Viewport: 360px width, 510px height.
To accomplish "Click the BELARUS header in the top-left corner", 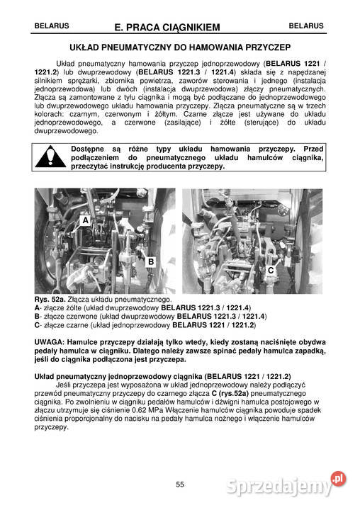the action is click(x=51, y=25).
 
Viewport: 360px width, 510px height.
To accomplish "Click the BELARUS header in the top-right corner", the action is click(x=306, y=25).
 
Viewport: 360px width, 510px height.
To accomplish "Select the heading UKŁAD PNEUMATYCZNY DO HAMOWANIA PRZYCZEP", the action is click(x=180, y=47).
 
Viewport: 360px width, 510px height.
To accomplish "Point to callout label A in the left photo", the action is click(x=85, y=221).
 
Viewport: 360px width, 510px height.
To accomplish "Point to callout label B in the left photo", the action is click(x=151, y=262).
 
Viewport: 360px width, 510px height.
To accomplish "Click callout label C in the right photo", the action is click(x=271, y=271).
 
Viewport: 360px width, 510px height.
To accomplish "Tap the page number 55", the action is click(x=180, y=484).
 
